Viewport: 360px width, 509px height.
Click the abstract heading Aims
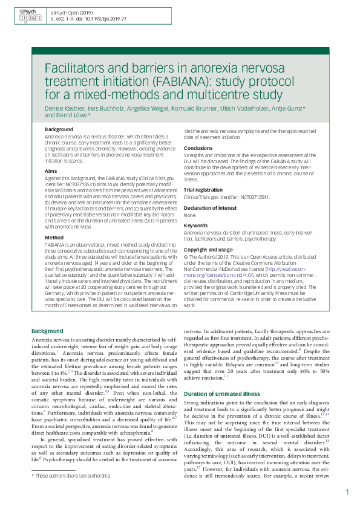click(51, 172)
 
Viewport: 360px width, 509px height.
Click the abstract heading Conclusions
click(198, 148)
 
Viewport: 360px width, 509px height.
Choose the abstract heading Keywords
click(196, 225)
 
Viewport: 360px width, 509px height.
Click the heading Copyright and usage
click(208, 248)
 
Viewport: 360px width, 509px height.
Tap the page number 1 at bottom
click(348, 493)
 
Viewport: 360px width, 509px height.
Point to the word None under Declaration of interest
click(190, 215)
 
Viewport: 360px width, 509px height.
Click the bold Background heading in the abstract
click(59, 129)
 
